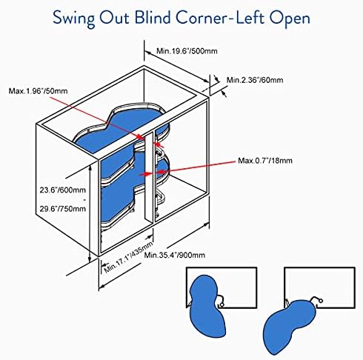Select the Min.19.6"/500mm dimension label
[x=187, y=51]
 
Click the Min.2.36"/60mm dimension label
[x=255, y=80]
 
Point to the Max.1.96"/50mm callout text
[x=38, y=91]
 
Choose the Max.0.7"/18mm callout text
[x=265, y=161]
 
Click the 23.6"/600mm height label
[x=63, y=190]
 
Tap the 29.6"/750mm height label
[x=63, y=209]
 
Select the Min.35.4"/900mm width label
[x=175, y=255]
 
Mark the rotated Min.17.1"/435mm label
[x=128, y=257]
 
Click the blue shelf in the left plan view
[x=207, y=306]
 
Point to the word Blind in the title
[x=153, y=18]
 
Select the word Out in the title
[x=114, y=18]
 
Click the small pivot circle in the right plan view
[x=321, y=301]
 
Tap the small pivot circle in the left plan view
[x=221, y=305]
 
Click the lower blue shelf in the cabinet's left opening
[x=121, y=201]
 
